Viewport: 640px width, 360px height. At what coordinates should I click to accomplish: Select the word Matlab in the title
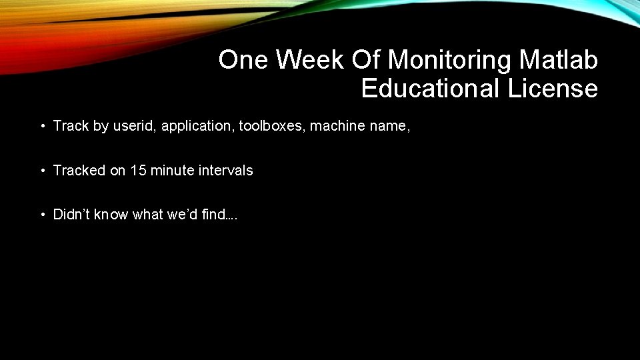tap(559, 60)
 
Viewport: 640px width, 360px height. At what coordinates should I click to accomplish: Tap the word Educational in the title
tap(431, 88)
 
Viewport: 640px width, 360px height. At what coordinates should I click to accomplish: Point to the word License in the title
tap(553, 88)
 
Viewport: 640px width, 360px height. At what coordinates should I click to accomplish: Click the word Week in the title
tap(307, 60)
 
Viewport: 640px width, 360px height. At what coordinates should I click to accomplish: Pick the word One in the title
tap(243, 60)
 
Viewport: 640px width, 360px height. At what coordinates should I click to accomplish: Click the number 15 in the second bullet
tap(139, 170)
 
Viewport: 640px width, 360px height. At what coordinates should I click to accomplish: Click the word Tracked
tap(79, 170)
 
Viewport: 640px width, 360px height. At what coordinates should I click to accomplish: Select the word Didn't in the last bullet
tap(71, 215)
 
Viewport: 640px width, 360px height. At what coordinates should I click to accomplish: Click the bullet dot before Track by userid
tap(42, 126)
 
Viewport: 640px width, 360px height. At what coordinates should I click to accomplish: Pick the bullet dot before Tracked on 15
tap(42, 171)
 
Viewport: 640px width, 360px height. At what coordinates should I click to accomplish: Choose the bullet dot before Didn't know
tap(42, 215)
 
